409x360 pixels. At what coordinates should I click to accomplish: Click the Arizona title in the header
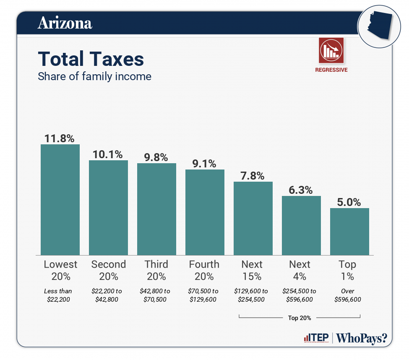click(x=65, y=23)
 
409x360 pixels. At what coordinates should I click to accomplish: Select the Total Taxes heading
click(x=91, y=59)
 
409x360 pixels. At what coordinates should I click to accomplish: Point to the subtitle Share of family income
click(x=94, y=76)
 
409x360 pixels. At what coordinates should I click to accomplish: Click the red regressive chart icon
click(x=331, y=50)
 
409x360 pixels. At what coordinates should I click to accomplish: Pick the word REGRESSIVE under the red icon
click(x=331, y=70)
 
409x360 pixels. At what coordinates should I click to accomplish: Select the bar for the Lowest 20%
click(x=60, y=200)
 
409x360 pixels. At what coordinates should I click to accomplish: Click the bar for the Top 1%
click(x=349, y=232)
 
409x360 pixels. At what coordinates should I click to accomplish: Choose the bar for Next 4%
click(x=301, y=225)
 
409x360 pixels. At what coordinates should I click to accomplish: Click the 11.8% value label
click(x=60, y=138)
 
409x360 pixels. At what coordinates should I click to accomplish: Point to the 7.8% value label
click(x=253, y=175)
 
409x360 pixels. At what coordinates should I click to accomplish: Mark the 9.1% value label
click(x=205, y=163)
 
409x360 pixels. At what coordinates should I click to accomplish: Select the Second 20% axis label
click(x=108, y=270)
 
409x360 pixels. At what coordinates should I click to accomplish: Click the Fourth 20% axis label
click(x=204, y=270)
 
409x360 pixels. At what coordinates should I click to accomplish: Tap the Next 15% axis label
click(x=252, y=270)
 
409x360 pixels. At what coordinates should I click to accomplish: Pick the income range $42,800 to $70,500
click(x=156, y=295)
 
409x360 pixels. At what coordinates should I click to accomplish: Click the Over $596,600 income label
click(x=348, y=295)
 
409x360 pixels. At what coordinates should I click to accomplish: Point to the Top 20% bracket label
click(x=300, y=318)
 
